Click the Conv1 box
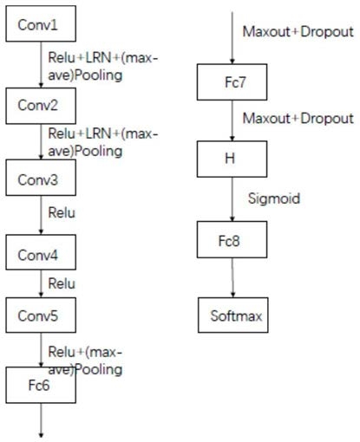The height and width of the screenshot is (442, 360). click(x=41, y=23)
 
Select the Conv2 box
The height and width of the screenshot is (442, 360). click(x=41, y=106)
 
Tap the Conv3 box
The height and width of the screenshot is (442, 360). click(x=41, y=178)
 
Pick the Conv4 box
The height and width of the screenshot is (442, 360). click(x=41, y=252)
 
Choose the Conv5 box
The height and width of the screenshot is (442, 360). click(x=41, y=315)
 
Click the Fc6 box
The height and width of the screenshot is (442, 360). click(x=41, y=385)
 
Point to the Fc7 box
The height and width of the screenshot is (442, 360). click(x=232, y=82)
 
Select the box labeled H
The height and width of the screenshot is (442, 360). click(x=232, y=159)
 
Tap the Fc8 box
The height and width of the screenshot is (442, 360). click(x=232, y=239)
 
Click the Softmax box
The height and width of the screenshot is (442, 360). click(x=233, y=315)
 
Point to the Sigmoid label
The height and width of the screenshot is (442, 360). click(x=274, y=198)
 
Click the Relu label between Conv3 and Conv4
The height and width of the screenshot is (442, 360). click(x=62, y=212)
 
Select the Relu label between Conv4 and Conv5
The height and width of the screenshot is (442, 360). click(x=62, y=283)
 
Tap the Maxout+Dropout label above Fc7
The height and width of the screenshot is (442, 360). click(x=298, y=31)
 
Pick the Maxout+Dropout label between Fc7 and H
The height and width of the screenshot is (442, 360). click(x=298, y=119)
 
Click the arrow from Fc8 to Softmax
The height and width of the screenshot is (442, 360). click(x=232, y=277)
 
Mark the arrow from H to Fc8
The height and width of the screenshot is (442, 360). click(x=232, y=199)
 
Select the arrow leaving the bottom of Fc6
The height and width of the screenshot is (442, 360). click(x=41, y=420)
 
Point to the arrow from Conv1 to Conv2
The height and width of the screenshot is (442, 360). click(x=41, y=65)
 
